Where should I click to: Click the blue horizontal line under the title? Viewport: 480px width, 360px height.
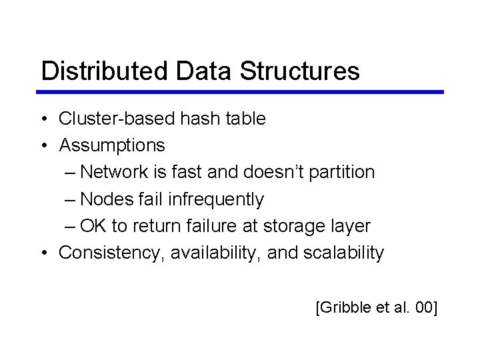240,92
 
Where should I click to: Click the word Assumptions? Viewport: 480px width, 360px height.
112,145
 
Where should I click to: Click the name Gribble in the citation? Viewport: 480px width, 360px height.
343,308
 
